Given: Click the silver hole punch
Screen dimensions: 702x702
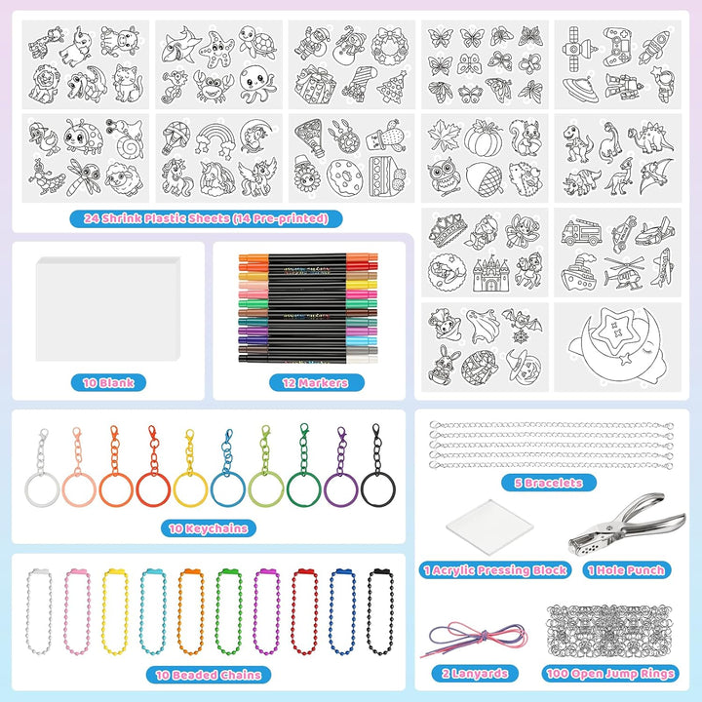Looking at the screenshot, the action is [x=627, y=525].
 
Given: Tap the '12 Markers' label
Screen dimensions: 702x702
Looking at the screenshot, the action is [x=316, y=383].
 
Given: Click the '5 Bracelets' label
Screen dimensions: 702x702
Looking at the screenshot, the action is [x=548, y=483].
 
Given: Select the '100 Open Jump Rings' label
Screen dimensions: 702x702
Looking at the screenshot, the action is [x=610, y=674].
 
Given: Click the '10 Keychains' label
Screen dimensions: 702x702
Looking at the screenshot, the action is [x=209, y=528].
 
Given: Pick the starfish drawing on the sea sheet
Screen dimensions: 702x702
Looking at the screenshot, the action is [x=216, y=48].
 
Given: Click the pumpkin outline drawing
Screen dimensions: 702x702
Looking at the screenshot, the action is [x=483, y=138].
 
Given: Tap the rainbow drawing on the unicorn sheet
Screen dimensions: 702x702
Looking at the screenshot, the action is [x=215, y=137].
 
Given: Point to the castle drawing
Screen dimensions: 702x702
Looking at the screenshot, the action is [x=491, y=273].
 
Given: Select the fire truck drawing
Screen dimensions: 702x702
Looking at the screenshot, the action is [x=581, y=232].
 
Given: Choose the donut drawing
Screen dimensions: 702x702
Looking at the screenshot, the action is [x=344, y=176].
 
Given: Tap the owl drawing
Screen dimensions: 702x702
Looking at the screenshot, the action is [x=444, y=176].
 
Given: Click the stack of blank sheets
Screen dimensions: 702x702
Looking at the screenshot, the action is [x=108, y=309].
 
